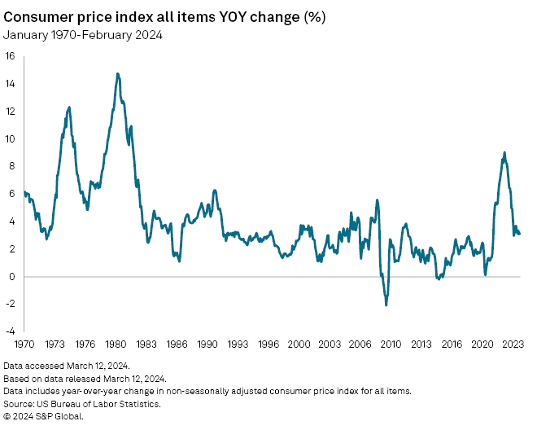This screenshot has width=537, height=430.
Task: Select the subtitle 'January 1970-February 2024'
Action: click(x=83, y=34)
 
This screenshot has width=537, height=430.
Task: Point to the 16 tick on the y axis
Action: click(x=10, y=56)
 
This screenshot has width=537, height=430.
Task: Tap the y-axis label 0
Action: click(x=11, y=277)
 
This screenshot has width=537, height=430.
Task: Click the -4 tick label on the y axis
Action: click(x=10, y=331)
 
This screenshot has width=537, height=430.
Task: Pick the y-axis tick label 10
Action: click(x=10, y=139)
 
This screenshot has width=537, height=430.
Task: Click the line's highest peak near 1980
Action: click(x=118, y=73)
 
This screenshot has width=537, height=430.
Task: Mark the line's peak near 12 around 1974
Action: click(x=68, y=107)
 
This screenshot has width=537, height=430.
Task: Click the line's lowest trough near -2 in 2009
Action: click(x=386, y=305)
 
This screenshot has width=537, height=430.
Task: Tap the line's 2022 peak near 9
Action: click(x=504, y=152)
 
